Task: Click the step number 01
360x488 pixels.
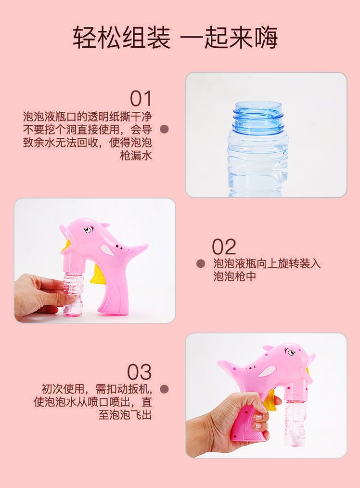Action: pyautogui.click(x=141, y=99)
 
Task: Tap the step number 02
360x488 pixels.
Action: pyautogui.click(x=224, y=247)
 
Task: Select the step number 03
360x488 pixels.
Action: pyautogui.click(x=139, y=372)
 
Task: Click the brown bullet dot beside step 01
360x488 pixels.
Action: pyautogui.click(x=164, y=129)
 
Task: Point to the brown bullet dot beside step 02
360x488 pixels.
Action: pyautogui.click(x=201, y=264)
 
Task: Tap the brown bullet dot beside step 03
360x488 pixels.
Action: pyautogui.click(x=164, y=389)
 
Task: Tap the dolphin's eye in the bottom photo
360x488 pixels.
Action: pyautogui.click(x=291, y=353)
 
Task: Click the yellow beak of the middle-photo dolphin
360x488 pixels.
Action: pyautogui.click(x=68, y=245)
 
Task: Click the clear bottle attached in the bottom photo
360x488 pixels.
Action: pyautogui.click(x=293, y=423)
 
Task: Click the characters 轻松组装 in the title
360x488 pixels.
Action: pyautogui.click(x=122, y=38)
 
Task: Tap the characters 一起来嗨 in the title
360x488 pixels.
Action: pyautogui.click(x=229, y=38)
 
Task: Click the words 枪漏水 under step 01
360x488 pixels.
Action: pyautogui.click(x=136, y=155)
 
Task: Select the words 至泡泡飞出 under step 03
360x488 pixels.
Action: pyautogui.click(x=125, y=414)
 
